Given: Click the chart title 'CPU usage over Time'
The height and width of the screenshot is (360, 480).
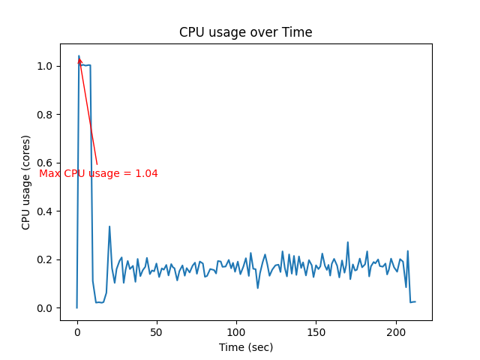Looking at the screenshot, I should click(245, 32).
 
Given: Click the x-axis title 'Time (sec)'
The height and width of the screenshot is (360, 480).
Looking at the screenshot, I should click(245, 347).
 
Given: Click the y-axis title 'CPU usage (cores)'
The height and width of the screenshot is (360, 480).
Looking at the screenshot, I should click(26, 182).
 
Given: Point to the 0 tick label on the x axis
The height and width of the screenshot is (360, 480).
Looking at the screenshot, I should click(76, 331).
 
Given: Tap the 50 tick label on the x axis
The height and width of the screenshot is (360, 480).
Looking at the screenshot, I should click(157, 331).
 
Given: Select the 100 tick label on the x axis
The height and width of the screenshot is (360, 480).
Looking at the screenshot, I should click(236, 331).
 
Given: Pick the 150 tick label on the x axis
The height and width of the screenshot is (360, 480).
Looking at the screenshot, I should click(316, 331).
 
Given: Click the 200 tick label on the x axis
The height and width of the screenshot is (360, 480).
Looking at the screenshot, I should click(396, 331).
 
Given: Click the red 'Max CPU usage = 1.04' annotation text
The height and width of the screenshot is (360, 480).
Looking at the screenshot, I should click(98, 173).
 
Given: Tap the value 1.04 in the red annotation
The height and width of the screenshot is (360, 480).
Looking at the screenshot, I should click(146, 173).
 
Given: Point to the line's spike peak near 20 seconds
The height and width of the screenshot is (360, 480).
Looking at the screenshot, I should click(109, 226).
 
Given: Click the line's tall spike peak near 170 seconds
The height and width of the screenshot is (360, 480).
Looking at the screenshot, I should click(347, 242).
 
